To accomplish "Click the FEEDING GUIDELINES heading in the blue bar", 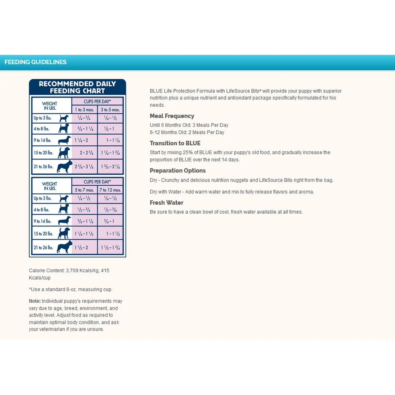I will pyautogui.click(x=36, y=62).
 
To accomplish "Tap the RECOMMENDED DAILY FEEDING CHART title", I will pyautogui.click(x=77, y=87).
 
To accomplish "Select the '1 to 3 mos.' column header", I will pyautogui.click(x=84, y=109).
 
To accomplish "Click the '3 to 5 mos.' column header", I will pyautogui.click(x=110, y=109).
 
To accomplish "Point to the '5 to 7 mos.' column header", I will pyautogui.click(x=84, y=190).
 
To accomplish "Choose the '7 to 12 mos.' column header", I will pyautogui.click(x=110, y=190).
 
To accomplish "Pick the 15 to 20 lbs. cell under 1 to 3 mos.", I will pyautogui.click(x=84, y=153).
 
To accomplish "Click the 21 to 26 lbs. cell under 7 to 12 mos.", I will pyautogui.click(x=110, y=248).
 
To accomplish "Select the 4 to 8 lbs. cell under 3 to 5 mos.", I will pyautogui.click(x=110, y=129).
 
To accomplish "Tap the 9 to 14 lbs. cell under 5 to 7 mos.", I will pyautogui.click(x=84, y=221).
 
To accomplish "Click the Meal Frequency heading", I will pyautogui.click(x=172, y=116).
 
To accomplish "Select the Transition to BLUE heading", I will pyautogui.click(x=175, y=143).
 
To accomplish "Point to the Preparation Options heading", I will pyautogui.click(x=178, y=171).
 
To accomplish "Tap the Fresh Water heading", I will pyautogui.click(x=166, y=203).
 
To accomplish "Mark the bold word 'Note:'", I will pyautogui.click(x=35, y=301).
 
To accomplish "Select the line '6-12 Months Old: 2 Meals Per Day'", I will pyautogui.click(x=187, y=132).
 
